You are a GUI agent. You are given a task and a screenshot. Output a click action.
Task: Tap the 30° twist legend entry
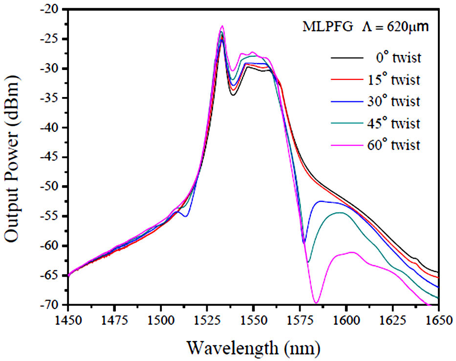[x=397, y=102]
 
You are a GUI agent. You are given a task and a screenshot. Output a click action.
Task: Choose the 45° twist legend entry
[x=397, y=124]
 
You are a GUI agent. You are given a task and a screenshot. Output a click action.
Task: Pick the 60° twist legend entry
[x=397, y=145]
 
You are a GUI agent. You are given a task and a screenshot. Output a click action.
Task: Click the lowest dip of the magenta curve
[x=316, y=303]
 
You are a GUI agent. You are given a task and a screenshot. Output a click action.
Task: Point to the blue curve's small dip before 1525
[x=186, y=216]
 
